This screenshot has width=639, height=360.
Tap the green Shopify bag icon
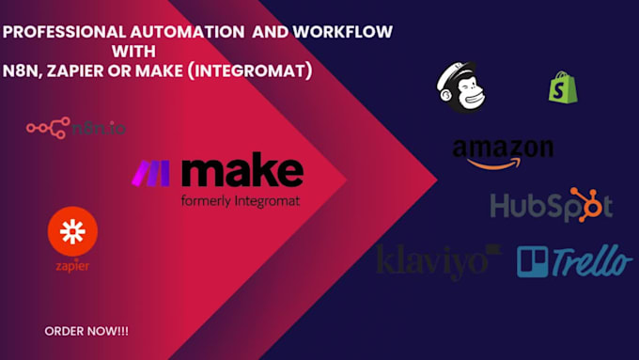(562, 88)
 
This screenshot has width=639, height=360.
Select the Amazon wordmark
(502, 149)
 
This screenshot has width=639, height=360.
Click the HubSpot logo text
(551, 206)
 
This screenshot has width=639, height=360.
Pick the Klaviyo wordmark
(439, 260)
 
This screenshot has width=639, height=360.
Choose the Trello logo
(574, 260)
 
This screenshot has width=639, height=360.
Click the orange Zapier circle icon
(72, 234)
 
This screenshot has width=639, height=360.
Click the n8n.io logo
(76, 128)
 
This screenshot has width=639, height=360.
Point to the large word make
(242, 172)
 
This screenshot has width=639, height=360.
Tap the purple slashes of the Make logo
(150, 173)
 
